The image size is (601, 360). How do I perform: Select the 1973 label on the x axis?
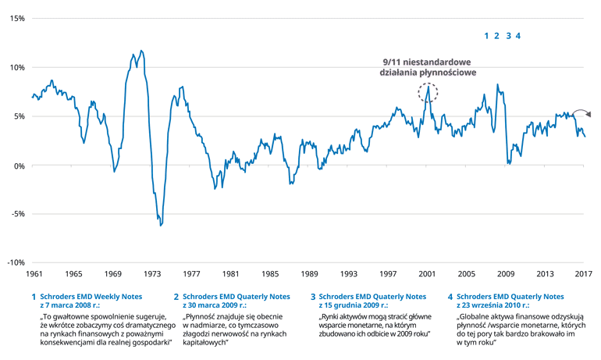[x=152, y=275]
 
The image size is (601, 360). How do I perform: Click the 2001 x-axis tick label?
[x=427, y=275]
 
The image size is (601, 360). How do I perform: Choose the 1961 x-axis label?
[x=34, y=275]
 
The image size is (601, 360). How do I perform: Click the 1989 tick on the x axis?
[x=309, y=275]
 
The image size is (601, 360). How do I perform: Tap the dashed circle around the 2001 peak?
[x=428, y=93]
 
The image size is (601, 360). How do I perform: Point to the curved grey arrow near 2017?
[x=582, y=112]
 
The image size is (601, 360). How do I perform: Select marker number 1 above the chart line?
[x=486, y=36]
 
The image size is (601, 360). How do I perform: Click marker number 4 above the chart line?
[x=517, y=36]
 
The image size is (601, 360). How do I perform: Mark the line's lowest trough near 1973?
[x=161, y=225]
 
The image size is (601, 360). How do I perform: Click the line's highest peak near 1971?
[x=141, y=51]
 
